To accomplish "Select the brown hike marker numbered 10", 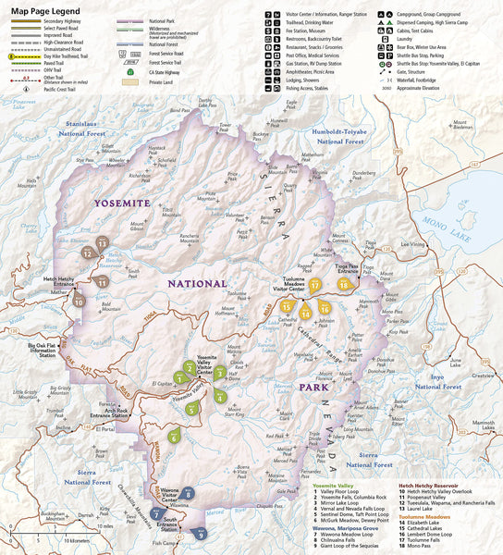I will (x=80, y=300).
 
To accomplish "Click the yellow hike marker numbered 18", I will (x=343, y=285).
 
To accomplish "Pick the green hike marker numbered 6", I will (x=173, y=437).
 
